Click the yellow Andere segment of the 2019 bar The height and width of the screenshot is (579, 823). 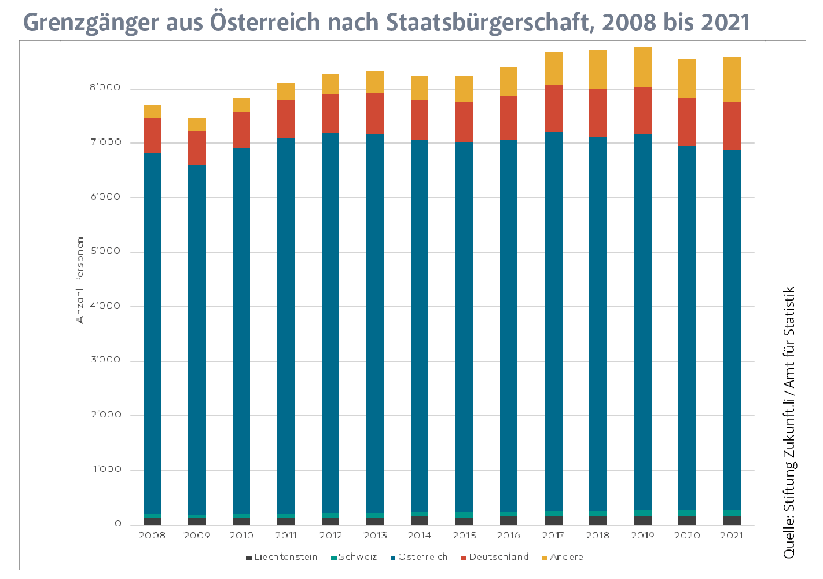click(642, 67)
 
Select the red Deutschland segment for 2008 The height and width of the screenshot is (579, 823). click(152, 136)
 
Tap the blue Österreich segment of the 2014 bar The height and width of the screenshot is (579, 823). click(420, 324)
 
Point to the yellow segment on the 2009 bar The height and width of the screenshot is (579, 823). click(197, 125)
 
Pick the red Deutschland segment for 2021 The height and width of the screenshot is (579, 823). click(732, 126)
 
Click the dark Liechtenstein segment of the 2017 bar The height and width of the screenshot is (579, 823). click(553, 521)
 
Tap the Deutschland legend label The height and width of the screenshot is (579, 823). click(498, 557)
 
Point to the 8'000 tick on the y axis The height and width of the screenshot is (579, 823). click(105, 88)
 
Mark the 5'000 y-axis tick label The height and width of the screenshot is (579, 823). click(105, 251)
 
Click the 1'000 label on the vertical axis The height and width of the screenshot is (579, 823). click(107, 470)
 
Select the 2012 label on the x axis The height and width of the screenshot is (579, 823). click(330, 536)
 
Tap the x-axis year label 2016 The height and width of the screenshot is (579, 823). click(509, 536)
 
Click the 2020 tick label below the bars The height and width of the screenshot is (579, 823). click(687, 536)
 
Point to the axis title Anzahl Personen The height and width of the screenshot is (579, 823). click(80, 280)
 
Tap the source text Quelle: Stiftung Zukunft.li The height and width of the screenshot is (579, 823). click(789, 463)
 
